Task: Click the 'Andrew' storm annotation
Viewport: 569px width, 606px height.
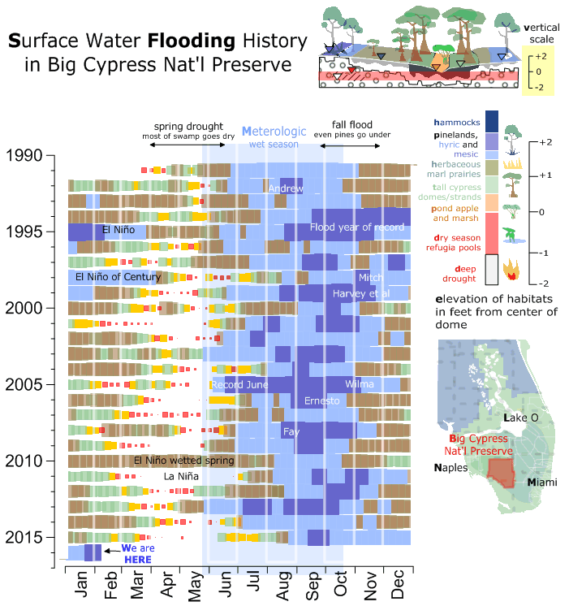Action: [285, 188]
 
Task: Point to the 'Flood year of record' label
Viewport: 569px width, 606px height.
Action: [356, 227]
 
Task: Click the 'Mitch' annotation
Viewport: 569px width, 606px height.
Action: [370, 278]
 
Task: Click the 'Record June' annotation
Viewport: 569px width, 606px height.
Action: [239, 384]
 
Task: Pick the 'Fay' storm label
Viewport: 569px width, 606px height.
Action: [291, 431]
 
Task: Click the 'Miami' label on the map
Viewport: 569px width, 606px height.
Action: [543, 483]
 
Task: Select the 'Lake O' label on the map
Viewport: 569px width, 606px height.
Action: [520, 418]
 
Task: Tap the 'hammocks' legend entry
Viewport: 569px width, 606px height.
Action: [456, 122]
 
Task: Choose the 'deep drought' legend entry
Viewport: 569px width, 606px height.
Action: [459, 272]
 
